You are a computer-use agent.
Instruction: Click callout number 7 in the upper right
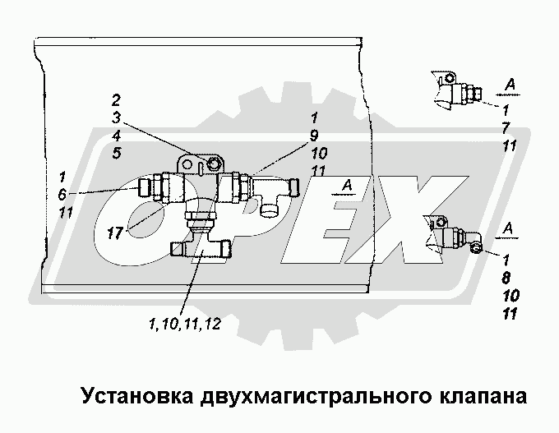click(506, 127)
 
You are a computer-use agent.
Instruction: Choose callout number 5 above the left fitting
click(117, 153)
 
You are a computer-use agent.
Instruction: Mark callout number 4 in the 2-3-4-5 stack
click(117, 135)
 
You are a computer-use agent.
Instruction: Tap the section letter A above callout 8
click(510, 228)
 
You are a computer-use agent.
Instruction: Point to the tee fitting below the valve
click(200, 246)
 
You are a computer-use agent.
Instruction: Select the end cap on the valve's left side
click(147, 187)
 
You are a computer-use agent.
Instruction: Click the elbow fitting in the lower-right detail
click(463, 237)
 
